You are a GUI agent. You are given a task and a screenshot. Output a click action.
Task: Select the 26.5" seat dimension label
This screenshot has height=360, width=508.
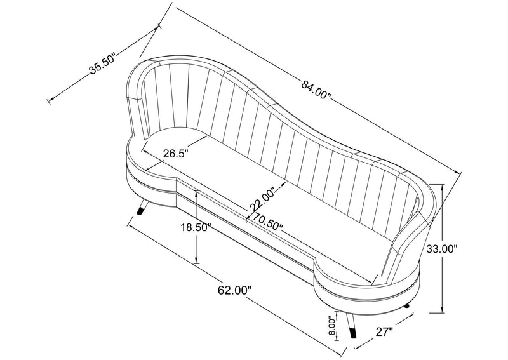click(176, 153)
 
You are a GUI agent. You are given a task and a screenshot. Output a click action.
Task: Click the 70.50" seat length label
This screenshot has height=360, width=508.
click(267, 222)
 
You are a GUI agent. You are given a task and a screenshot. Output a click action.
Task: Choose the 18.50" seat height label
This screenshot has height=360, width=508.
click(196, 228)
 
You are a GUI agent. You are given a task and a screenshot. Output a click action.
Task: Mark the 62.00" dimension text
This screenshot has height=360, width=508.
click(234, 290)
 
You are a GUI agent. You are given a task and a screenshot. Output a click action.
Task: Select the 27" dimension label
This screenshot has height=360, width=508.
click(384, 331)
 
